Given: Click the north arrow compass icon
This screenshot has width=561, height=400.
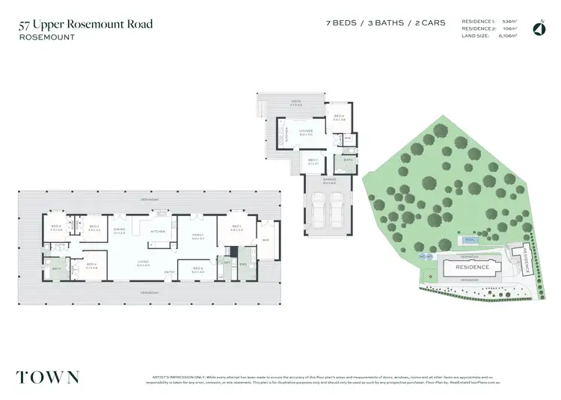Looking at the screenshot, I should (x=538, y=29).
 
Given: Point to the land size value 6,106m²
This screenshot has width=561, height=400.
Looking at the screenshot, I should (x=506, y=35).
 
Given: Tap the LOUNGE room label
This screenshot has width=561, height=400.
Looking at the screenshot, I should (x=305, y=133).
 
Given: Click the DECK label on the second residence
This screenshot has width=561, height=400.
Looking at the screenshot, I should (x=296, y=100).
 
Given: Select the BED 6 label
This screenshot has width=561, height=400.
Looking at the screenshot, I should (x=338, y=117).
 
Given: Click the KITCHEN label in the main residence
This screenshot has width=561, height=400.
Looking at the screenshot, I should (x=159, y=231).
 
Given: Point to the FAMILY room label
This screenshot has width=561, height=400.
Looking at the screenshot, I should (x=197, y=236).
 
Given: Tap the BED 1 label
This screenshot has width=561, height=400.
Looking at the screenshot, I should (x=236, y=227).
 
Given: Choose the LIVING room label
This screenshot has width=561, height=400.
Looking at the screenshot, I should (x=143, y=262).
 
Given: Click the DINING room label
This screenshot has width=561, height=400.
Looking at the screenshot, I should (x=119, y=230).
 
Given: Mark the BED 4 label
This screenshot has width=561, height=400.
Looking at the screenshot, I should (x=92, y=265).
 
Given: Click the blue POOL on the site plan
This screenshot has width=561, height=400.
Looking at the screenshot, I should (x=468, y=240).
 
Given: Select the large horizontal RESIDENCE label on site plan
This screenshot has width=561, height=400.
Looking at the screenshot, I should (x=473, y=267).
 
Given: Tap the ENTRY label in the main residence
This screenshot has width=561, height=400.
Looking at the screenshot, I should (x=170, y=271).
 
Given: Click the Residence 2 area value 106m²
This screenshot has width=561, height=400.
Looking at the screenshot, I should (x=510, y=28).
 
